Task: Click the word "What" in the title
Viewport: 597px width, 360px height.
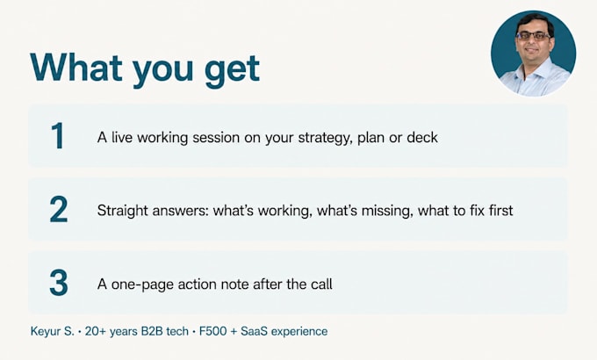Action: [x=76, y=68]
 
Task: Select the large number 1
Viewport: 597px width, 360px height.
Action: [x=58, y=136]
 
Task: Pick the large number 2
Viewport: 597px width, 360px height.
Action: [x=59, y=209]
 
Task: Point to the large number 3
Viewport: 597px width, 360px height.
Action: [x=59, y=283]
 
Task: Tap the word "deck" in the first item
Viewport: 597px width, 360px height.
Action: [x=422, y=137]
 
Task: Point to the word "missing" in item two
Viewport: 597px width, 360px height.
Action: [x=387, y=211]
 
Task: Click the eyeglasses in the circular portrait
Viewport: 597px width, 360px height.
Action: [x=534, y=36]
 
